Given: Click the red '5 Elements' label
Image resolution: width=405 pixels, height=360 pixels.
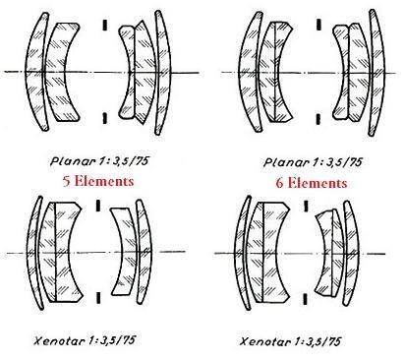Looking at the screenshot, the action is tap(98, 181).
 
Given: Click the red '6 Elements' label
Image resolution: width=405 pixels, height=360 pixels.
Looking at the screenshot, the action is tap(312, 183).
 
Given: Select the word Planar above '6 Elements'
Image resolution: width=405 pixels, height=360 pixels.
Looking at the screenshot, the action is tap(282, 162).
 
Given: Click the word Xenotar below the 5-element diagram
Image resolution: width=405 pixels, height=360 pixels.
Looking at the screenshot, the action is tap(59, 341).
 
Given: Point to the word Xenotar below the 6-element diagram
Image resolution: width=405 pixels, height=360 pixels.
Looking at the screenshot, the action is tap(265, 342).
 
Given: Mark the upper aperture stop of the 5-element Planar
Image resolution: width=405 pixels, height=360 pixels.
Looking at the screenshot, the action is tap(105, 26).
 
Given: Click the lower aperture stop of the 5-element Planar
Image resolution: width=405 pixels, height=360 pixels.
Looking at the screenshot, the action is tap(105, 118).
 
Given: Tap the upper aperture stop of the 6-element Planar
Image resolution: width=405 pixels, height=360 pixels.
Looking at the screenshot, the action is tap(318, 25).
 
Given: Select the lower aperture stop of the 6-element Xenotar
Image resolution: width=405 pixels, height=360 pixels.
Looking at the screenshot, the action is tap(306, 299).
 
